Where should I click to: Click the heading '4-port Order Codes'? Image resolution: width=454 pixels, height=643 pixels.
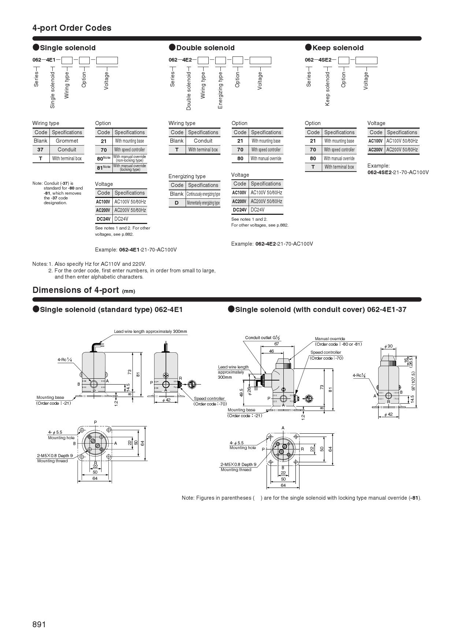(x=72, y=28)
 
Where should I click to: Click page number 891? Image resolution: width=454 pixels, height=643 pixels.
(x=39, y=624)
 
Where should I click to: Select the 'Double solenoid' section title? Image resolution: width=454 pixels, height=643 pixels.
(x=205, y=48)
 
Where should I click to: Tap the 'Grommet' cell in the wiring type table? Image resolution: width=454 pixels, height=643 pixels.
(x=67, y=141)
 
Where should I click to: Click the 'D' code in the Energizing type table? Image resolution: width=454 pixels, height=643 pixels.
(x=177, y=203)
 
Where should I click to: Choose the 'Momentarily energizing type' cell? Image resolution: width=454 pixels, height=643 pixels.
(x=203, y=203)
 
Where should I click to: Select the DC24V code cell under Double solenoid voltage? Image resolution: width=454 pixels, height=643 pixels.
(x=240, y=210)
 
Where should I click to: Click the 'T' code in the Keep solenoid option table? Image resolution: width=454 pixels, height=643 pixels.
(x=313, y=167)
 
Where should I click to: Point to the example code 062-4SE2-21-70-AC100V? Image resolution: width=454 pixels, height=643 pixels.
(x=398, y=172)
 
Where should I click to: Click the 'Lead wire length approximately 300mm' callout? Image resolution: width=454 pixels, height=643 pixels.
(x=150, y=331)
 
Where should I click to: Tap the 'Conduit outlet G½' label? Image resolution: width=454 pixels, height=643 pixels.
(x=263, y=338)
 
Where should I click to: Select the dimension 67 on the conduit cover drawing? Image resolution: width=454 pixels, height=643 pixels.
(x=277, y=344)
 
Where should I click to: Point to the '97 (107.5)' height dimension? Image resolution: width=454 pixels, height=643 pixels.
(x=413, y=381)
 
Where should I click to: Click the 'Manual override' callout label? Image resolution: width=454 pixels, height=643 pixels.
(x=330, y=339)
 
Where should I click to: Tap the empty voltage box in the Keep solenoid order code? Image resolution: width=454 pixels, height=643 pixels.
(x=366, y=60)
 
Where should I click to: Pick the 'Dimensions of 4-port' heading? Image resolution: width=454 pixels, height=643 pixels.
(x=75, y=290)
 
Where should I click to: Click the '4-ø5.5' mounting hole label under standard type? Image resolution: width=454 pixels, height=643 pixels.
(x=55, y=432)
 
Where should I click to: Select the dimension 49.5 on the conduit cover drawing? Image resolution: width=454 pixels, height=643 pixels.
(x=242, y=392)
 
